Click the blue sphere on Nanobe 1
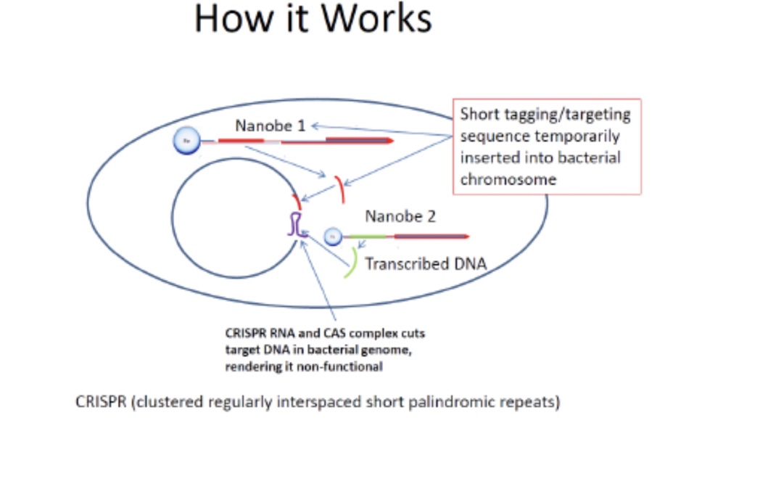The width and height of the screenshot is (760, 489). point(184,141)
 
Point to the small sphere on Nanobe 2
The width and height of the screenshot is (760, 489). point(333,237)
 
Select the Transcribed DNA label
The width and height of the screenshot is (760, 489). point(424,263)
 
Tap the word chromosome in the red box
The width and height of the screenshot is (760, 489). point(508,178)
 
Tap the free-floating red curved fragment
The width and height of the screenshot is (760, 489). point(339,188)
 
